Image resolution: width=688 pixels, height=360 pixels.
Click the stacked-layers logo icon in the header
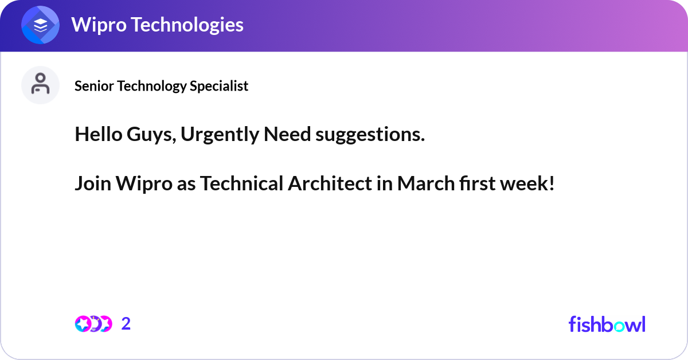[41, 25]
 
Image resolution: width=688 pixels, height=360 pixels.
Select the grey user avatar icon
[40, 85]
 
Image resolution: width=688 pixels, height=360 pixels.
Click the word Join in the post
[92, 184]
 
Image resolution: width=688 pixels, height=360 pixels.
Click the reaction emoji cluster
[93, 324]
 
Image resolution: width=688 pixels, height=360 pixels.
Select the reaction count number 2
[126, 324]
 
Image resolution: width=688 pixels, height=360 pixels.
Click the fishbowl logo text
[607, 324]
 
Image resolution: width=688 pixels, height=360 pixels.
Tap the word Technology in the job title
[153, 86]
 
